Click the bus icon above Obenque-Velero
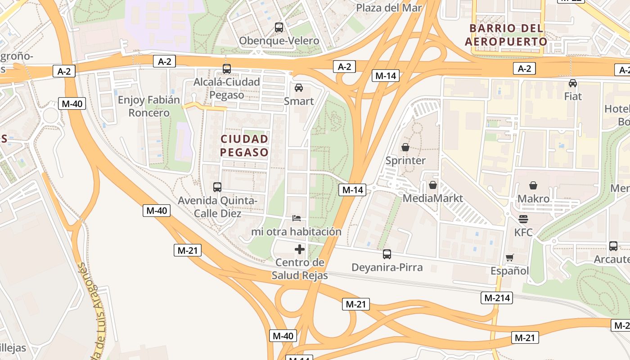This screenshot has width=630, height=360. click(x=279, y=27)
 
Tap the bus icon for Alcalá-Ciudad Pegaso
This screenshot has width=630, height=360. click(x=227, y=69)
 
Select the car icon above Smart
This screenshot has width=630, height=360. click(x=299, y=88)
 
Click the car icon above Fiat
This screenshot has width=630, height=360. click(x=573, y=83)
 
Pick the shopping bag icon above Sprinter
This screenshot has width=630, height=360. click(x=405, y=147)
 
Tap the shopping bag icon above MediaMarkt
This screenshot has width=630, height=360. click(x=433, y=185)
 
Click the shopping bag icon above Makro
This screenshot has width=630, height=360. click(x=533, y=185)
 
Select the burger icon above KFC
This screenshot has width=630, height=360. click(x=523, y=219)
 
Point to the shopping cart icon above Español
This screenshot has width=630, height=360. click(x=509, y=258)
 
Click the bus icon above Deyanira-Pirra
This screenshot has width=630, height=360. click(x=387, y=254)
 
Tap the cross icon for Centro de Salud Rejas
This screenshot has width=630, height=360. click(x=300, y=249)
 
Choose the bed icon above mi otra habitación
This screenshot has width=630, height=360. click(x=296, y=218)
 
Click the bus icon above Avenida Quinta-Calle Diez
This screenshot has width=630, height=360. click(x=217, y=187)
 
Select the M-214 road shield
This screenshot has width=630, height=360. click(x=497, y=297)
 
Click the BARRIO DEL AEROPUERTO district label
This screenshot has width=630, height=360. click(x=506, y=35)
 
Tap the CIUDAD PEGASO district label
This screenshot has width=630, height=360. click(x=244, y=145)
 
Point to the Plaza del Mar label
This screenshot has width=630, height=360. click(x=389, y=8)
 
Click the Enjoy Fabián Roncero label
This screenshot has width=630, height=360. click(x=149, y=106)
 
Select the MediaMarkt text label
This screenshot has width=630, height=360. click(x=433, y=198)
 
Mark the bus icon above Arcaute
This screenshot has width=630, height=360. click(x=613, y=246)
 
